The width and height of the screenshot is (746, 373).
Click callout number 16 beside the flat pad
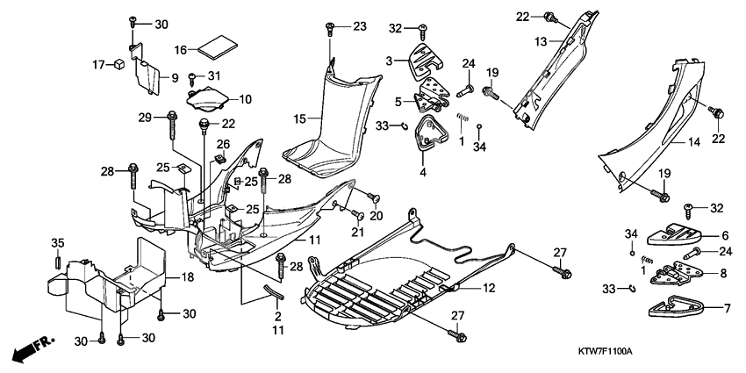point(182,50)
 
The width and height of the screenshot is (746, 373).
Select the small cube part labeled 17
point(115,63)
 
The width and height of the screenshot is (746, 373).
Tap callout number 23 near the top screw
point(360,26)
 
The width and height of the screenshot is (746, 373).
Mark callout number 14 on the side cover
point(693,140)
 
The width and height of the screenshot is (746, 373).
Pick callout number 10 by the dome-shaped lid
point(244,99)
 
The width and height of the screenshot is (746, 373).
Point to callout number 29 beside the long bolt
point(146,117)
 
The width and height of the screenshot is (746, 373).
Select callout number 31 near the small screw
point(216,76)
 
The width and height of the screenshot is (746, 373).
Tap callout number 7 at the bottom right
point(725,308)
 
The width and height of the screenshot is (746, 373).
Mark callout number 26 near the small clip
point(223,144)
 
